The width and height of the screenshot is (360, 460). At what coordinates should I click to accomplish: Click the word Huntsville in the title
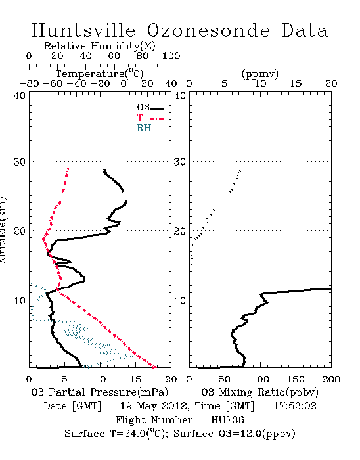[83, 30]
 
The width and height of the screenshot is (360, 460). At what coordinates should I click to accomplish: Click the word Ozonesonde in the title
[208, 30]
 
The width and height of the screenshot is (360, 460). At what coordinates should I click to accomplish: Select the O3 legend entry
[150, 108]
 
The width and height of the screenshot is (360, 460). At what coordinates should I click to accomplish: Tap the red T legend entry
[150, 118]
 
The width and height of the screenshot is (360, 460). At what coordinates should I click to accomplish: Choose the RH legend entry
[150, 128]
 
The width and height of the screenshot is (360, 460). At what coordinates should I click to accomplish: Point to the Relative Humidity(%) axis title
[100, 46]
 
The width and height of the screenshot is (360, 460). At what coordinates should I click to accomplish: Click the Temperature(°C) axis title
[100, 74]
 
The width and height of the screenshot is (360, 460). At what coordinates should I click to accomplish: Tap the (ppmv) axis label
[260, 74]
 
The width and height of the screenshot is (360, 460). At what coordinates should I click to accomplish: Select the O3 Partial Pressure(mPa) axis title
[100, 392]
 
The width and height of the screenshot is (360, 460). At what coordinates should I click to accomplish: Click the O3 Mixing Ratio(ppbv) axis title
[259, 392]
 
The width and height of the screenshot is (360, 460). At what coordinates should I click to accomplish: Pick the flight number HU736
[227, 420]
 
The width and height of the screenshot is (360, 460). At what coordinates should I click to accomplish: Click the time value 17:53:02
[295, 406]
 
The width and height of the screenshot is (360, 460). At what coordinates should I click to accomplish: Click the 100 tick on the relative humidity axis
[171, 56]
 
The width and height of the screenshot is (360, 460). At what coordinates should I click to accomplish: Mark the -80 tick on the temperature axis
[30, 83]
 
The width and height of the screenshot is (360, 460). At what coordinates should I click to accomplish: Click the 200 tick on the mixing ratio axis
[331, 379]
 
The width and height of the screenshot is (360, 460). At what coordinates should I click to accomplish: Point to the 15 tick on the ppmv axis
[296, 83]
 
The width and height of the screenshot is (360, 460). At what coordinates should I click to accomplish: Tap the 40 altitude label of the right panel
[180, 95]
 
